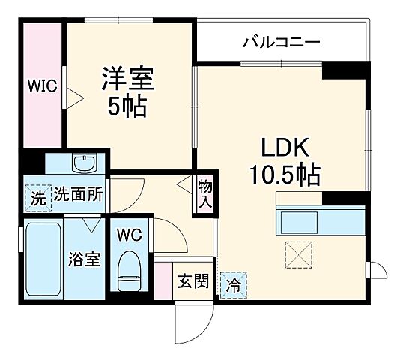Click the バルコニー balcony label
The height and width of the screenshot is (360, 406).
[281, 41]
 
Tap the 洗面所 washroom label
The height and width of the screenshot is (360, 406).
[79, 198]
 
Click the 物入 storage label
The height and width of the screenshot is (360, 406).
[204, 194]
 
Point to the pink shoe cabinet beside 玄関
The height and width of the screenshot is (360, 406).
[163, 280]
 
